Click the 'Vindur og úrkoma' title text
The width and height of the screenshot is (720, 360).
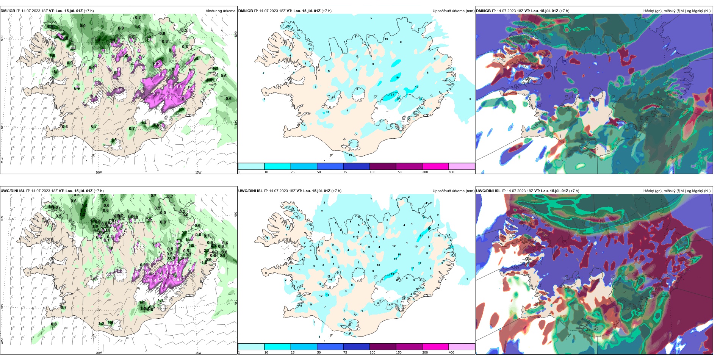coord(220,11)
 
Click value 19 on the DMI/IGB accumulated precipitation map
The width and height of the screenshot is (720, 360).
coord(397,78)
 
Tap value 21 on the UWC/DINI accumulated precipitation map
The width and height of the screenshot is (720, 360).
coord(421,236)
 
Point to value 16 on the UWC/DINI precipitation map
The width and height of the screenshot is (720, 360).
coord(327,294)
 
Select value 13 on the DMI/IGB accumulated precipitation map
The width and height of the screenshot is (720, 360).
coord(416,87)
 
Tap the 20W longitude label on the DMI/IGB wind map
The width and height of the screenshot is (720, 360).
coord(99,172)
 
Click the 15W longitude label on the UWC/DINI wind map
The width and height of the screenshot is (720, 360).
coord(198,353)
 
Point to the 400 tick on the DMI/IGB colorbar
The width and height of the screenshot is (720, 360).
coord(451,172)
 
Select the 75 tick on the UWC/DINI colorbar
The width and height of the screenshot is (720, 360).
coord(345,352)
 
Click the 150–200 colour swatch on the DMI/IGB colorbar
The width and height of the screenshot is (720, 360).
coord(435,166)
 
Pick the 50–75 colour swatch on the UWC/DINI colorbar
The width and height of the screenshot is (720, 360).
coord(330,347)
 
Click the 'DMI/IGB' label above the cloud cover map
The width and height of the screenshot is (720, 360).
coord(483,11)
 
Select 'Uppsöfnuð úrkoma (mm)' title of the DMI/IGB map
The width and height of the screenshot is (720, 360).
coord(453,11)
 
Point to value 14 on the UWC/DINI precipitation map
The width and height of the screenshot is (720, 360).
coord(399,255)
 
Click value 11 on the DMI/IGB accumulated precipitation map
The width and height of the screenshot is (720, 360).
coord(310,49)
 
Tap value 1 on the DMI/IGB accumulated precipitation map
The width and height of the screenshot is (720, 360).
coord(263,73)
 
